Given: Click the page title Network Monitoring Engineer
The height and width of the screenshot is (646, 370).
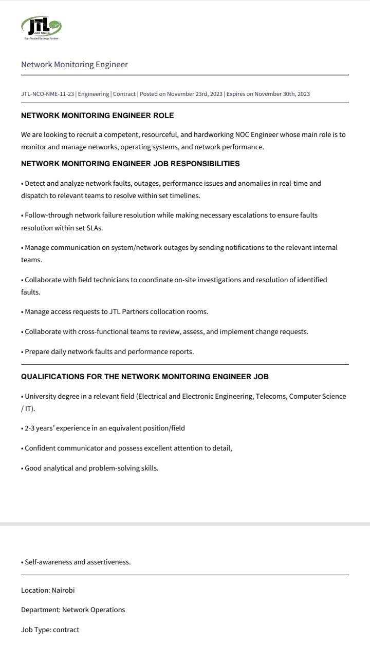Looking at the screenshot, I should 75,65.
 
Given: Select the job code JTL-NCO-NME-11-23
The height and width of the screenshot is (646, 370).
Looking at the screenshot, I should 48,94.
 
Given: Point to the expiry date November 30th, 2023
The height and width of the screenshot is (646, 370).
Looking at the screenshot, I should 282,94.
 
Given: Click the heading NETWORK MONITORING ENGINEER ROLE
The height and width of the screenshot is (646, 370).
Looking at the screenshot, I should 97,116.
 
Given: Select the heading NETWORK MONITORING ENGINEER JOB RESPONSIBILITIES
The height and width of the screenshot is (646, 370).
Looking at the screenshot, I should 130,164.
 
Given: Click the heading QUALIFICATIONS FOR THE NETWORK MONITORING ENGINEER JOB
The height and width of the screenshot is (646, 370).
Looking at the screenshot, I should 144,377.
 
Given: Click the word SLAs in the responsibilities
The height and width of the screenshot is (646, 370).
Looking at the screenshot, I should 95,228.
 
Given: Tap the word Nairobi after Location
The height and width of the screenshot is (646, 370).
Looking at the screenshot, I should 63,590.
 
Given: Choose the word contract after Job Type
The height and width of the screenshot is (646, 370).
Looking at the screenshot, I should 66,630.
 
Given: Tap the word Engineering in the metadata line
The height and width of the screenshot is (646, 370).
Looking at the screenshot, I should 94,94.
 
